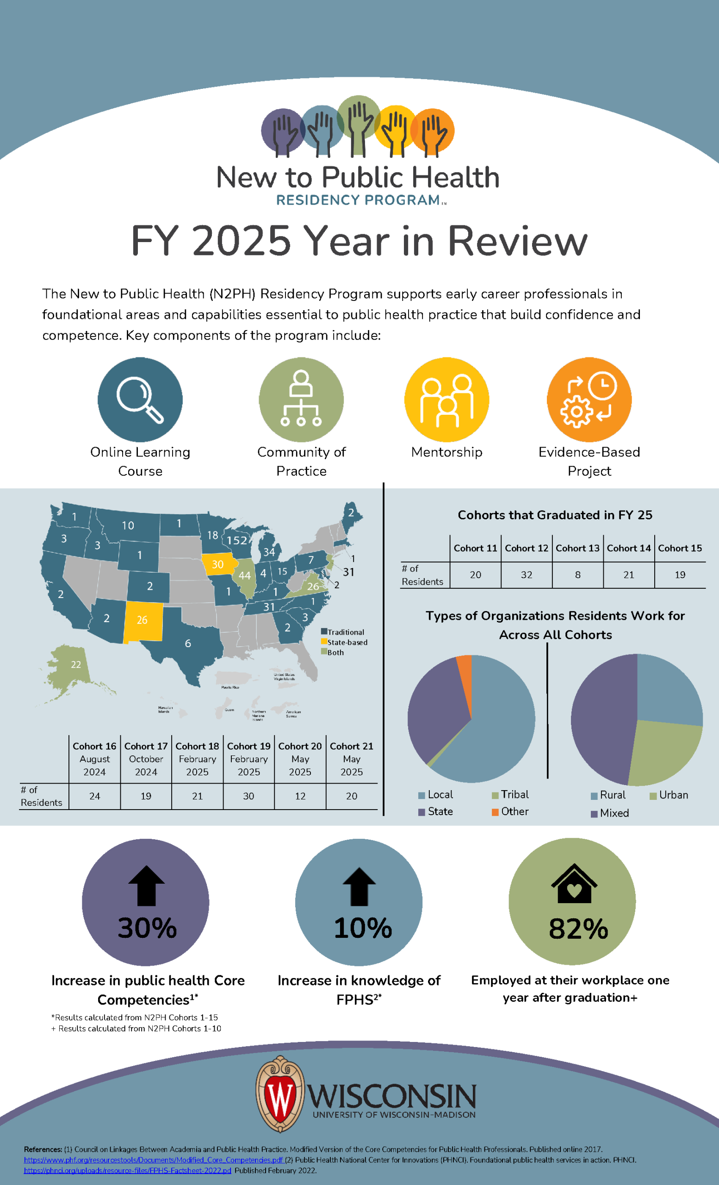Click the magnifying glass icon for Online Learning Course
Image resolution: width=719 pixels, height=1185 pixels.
point(140,399)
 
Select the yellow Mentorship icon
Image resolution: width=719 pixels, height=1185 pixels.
point(446,399)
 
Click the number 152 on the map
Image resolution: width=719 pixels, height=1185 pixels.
point(237,541)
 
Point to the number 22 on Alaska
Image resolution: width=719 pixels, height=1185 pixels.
point(76,665)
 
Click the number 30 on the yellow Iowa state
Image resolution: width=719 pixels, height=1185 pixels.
point(218,565)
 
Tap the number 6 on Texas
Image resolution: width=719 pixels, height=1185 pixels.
point(188,643)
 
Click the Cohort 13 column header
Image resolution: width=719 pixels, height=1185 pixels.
point(577,548)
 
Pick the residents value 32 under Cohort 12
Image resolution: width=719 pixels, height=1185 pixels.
point(526,575)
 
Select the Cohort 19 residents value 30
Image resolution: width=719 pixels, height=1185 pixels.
point(248,797)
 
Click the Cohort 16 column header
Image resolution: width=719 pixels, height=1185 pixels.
point(94,746)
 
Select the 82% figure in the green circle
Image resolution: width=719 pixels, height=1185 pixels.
point(578,929)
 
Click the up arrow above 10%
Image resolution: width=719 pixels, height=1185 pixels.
point(359,886)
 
